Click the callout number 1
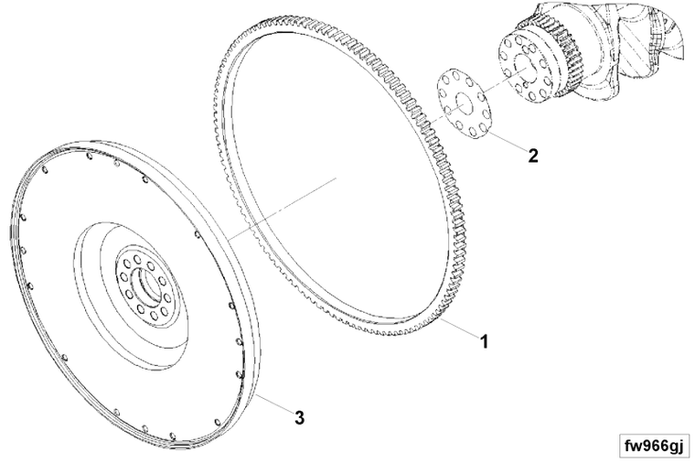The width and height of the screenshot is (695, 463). click(485, 341)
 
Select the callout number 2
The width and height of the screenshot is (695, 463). click(533, 156)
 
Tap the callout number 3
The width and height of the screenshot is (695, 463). click(300, 417)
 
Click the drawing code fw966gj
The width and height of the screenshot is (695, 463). click(654, 446)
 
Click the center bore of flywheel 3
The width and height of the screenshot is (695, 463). click(149, 288)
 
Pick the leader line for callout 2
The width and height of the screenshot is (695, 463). click(507, 141)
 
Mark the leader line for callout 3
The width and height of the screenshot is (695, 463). click(274, 403)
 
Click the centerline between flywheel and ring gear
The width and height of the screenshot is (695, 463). click(282, 209)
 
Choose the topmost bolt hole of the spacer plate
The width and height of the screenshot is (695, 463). click(445, 79)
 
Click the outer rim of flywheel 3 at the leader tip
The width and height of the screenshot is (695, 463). click(256, 393)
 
